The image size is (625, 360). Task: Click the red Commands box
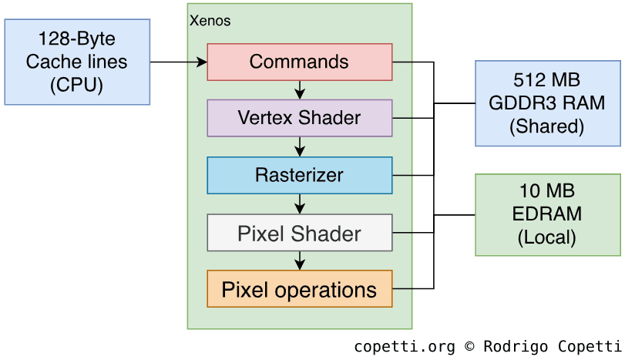(300, 62)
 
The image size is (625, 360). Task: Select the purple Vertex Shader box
(300, 118)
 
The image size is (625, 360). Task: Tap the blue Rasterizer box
(300, 175)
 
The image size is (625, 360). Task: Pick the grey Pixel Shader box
(300, 233)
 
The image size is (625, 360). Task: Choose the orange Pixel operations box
(300, 290)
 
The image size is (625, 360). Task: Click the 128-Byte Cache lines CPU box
(77, 62)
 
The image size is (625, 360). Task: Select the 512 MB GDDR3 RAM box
(547, 103)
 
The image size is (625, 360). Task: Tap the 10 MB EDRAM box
(547, 214)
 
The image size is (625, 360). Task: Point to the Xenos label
(210, 21)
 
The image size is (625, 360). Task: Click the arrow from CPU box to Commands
(178, 62)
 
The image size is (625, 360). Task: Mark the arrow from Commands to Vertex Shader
(300, 90)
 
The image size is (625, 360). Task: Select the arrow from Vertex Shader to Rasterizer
(300, 146)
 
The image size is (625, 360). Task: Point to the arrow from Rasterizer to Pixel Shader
(300, 204)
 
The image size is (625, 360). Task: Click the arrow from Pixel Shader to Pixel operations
(300, 261)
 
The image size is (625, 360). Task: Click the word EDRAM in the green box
(547, 214)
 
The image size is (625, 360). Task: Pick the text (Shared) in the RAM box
(547, 126)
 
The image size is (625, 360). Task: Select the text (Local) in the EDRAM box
(547, 237)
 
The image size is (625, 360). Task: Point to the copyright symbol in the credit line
(469, 347)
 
